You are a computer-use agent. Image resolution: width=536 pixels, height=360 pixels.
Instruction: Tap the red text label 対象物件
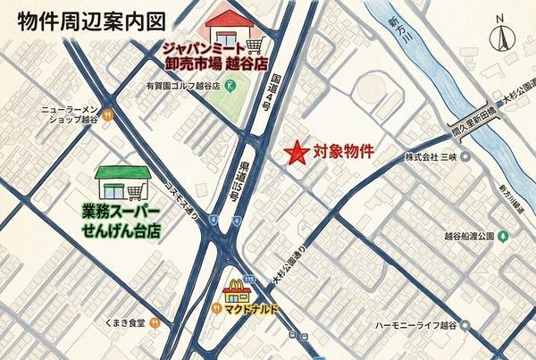(343, 152)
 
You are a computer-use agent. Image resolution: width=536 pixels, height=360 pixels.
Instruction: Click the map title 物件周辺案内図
(88, 19)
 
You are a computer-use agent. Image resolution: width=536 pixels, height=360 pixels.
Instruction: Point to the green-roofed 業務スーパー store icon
(122, 184)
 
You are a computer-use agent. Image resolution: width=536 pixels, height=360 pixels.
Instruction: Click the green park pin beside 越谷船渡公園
(504, 237)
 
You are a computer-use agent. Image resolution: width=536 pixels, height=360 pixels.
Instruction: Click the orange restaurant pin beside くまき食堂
(155, 323)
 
